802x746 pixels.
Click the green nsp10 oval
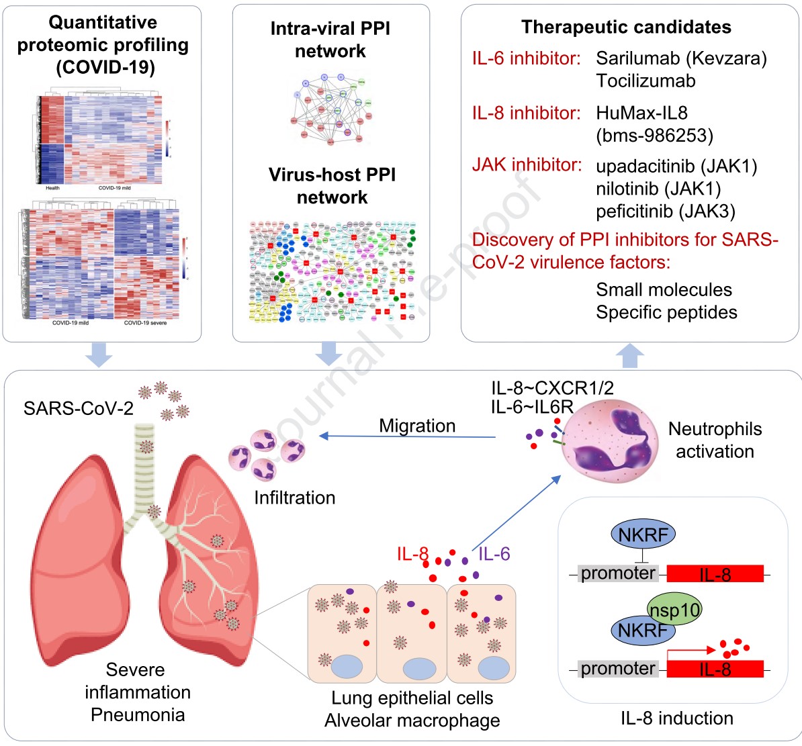(674, 609)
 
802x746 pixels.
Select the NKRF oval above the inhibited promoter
(643, 535)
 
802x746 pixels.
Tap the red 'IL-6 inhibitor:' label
(526, 58)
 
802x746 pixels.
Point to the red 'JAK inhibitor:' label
(527, 165)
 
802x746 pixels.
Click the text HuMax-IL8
(641, 113)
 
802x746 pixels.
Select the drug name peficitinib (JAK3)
(665, 212)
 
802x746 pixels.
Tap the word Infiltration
(294, 498)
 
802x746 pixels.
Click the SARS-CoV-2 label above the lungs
(79, 408)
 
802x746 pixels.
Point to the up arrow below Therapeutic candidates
(629, 356)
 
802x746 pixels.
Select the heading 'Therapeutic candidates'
(626, 28)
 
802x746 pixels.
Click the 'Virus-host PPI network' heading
(332, 186)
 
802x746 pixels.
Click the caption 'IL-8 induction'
(676, 718)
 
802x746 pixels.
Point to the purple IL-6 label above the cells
(494, 554)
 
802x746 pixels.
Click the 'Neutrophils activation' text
(715, 440)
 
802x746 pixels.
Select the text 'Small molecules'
(664, 290)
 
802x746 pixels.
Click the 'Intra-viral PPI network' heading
(330, 40)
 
